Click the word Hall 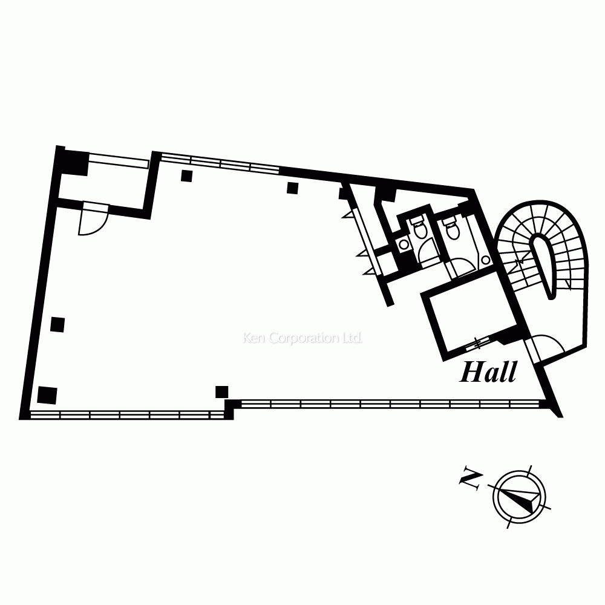tap(488, 372)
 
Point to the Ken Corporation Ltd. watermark tap(302, 338)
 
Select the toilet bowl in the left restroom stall tap(419, 228)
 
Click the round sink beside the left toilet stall tap(404, 244)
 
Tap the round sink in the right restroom tap(485, 259)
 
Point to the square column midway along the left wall tap(58, 324)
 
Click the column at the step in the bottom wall tap(222, 391)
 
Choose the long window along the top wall tap(220, 162)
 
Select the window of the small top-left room tap(119, 162)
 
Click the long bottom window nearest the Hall tap(390, 403)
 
